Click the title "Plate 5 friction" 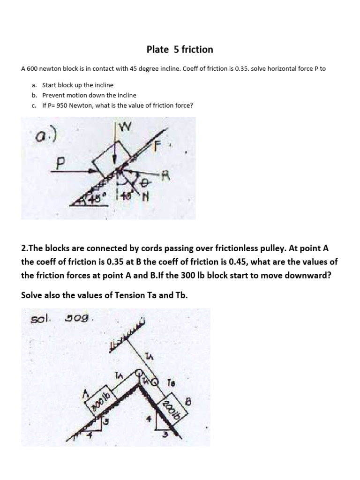point(180,50)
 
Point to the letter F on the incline point(158,145)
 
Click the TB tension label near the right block point(171,383)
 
